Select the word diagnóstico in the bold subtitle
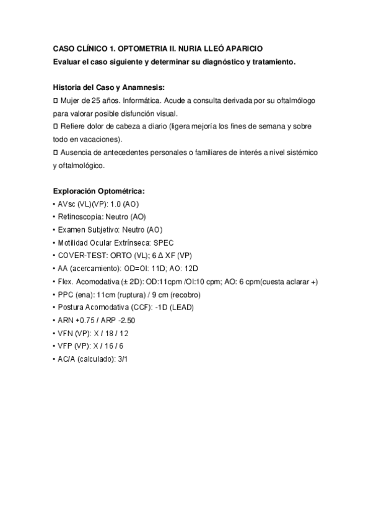220,61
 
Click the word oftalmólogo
290,100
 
